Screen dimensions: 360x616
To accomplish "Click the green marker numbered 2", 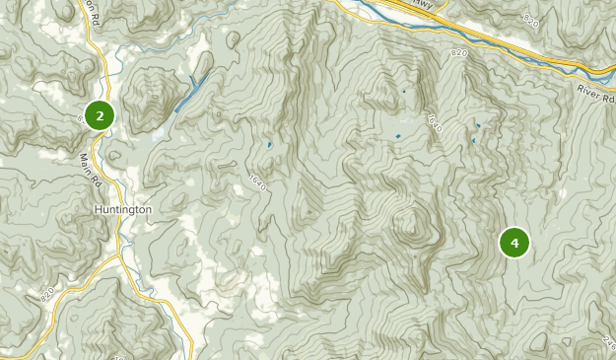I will [100, 115].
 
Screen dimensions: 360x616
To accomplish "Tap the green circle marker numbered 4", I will [514, 242].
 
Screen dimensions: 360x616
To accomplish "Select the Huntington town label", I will [123, 210].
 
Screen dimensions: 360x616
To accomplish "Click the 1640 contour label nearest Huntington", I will [258, 183].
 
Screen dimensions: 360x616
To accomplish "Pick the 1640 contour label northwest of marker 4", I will [435, 123].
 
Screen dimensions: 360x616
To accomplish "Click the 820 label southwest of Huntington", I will [49, 294].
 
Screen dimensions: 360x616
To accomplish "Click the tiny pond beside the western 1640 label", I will [269, 146].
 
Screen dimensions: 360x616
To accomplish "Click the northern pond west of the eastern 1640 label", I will [403, 92].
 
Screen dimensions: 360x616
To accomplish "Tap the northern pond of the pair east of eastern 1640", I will [478, 125].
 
